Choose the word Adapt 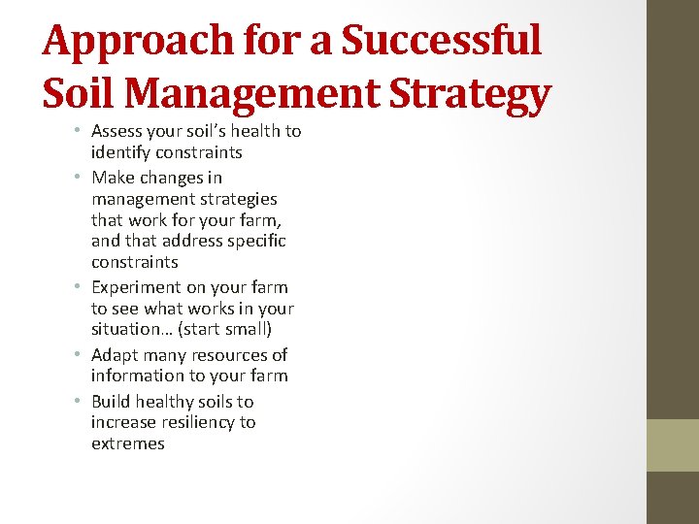click(115, 355)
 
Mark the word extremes click(128, 444)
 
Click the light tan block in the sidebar click(672, 444)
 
